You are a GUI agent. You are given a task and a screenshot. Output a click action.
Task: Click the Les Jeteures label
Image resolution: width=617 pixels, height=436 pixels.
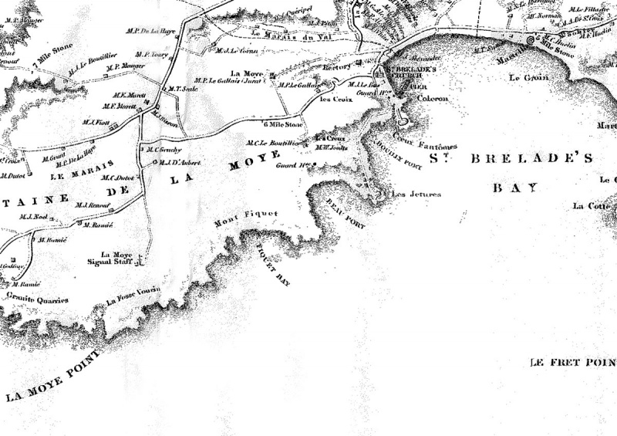coord(416,194)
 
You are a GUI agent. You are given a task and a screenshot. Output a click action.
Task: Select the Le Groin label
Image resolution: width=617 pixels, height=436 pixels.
coord(522,78)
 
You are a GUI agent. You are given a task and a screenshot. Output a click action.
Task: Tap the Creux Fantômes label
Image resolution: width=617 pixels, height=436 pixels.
coord(425,145)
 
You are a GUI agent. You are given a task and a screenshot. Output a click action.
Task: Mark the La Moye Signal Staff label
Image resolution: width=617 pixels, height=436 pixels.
coord(116,258)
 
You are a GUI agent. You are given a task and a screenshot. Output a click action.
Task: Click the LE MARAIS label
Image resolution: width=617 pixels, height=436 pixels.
coord(82,170)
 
